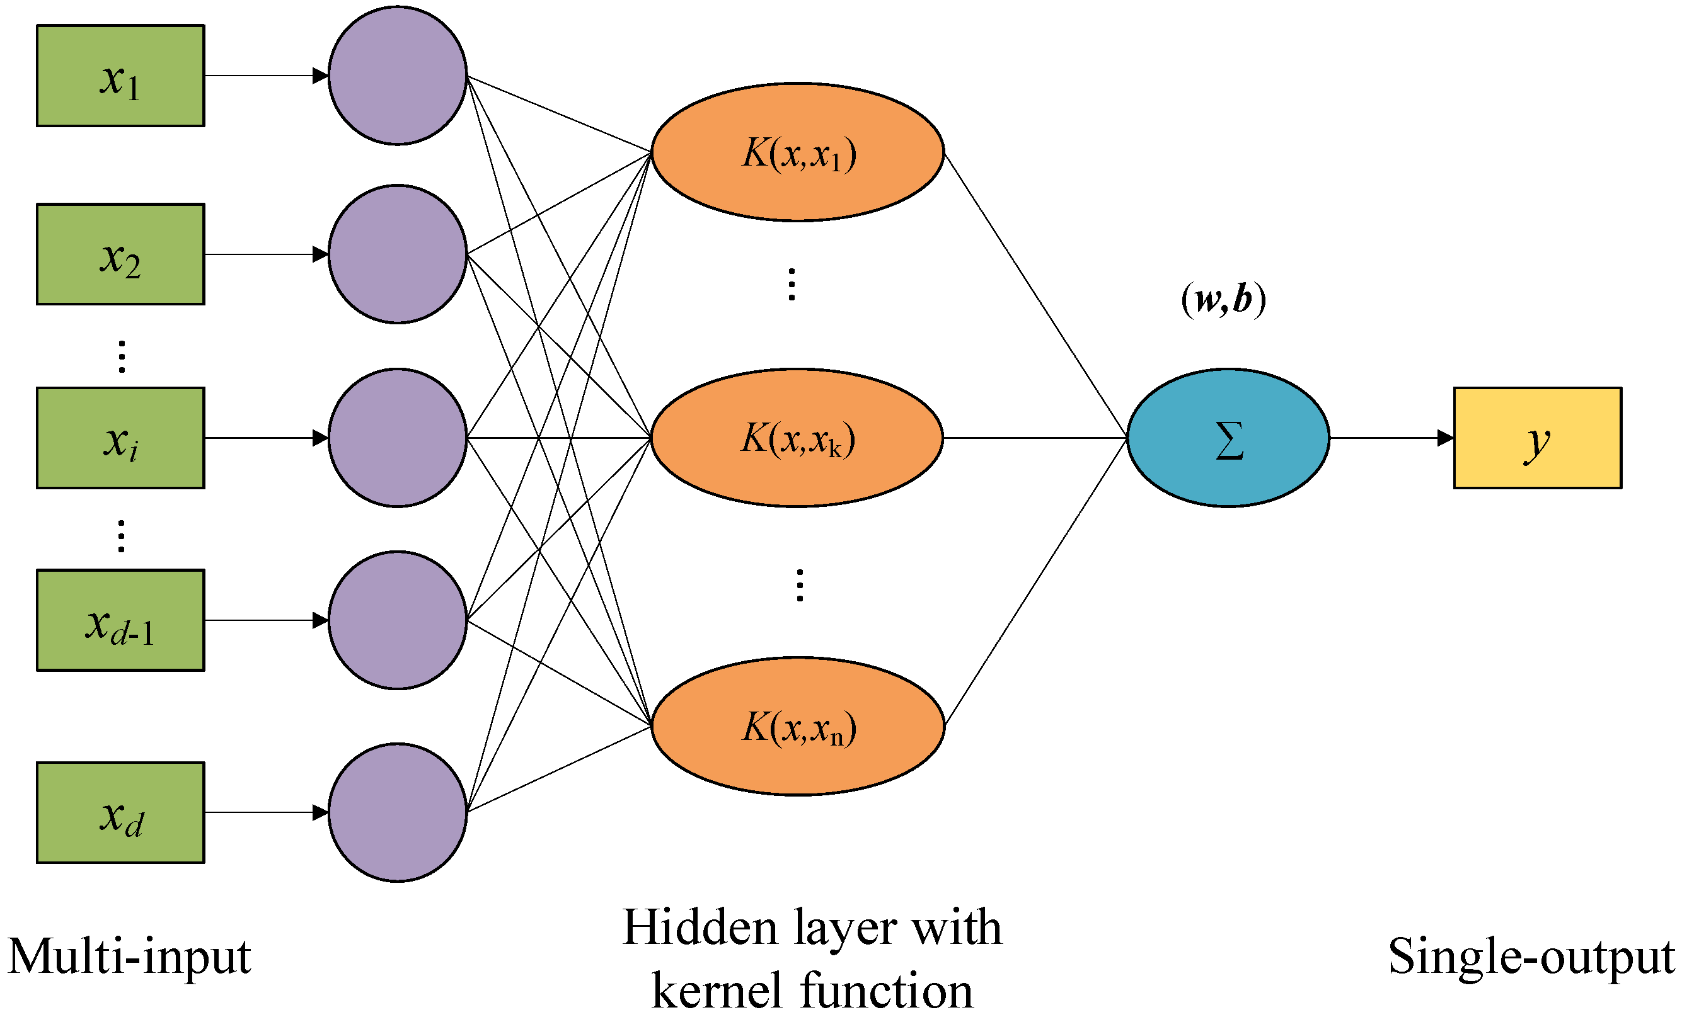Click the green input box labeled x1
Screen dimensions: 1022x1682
[x=120, y=76]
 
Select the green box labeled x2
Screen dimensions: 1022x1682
[x=120, y=254]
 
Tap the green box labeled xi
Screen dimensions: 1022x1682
[x=120, y=438]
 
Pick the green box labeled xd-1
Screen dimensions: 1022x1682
[x=120, y=620]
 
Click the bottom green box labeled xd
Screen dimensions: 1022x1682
[x=120, y=812]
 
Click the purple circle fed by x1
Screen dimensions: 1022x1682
[x=397, y=76]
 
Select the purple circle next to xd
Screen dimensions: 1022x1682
[x=397, y=812]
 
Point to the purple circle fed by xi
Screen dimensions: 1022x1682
[x=397, y=438]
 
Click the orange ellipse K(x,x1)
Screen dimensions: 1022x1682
[x=797, y=152]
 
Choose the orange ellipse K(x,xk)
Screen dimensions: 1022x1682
[x=797, y=438]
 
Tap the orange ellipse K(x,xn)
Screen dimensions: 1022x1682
[x=797, y=727]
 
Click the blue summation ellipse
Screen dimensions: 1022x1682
[x=1228, y=438]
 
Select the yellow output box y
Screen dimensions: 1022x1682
[x=1537, y=438]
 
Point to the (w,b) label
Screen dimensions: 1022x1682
[x=1223, y=299]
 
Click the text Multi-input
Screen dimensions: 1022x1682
[x=130, y=957]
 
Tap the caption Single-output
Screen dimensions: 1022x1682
[x=1531, y=957]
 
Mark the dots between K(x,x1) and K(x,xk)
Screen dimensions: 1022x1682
[x=792, y=285]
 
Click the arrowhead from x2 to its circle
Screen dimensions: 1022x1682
[x=320, y=254]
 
